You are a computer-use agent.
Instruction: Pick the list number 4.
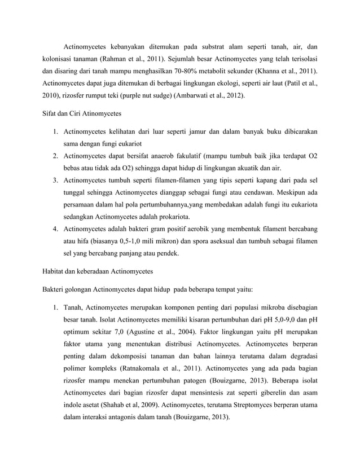[x=56, y=229]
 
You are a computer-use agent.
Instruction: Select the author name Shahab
[x=113, y=406]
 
